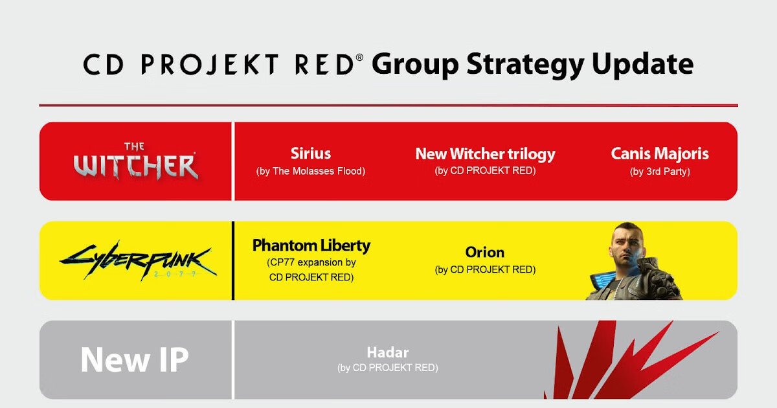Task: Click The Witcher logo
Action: pos(135,161)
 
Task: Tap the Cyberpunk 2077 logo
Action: pos(139,260)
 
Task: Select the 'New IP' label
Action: pos(135,360)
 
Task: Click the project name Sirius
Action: pos(311,153)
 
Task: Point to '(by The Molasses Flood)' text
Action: pos(311,172)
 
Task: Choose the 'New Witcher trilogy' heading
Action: pos(485,154)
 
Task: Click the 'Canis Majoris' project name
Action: pos(660,153)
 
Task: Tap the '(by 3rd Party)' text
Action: pos(660,172)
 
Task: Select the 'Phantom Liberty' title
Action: pos(311,245)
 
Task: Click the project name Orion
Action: pos(485,253)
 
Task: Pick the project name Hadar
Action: pos(388,353)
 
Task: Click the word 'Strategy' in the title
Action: pos(526,65)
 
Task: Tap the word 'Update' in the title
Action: pos(643,65)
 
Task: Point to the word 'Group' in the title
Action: pos(415,65)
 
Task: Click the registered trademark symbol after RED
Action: pos(360,57)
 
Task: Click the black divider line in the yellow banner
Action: pos(233,260)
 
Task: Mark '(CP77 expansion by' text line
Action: pos(311,263)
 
